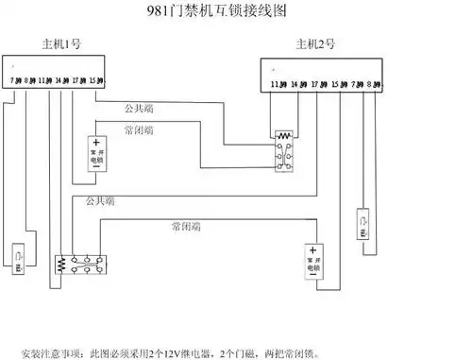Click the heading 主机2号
315,44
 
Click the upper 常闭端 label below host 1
139,129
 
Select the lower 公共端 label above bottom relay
99,201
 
